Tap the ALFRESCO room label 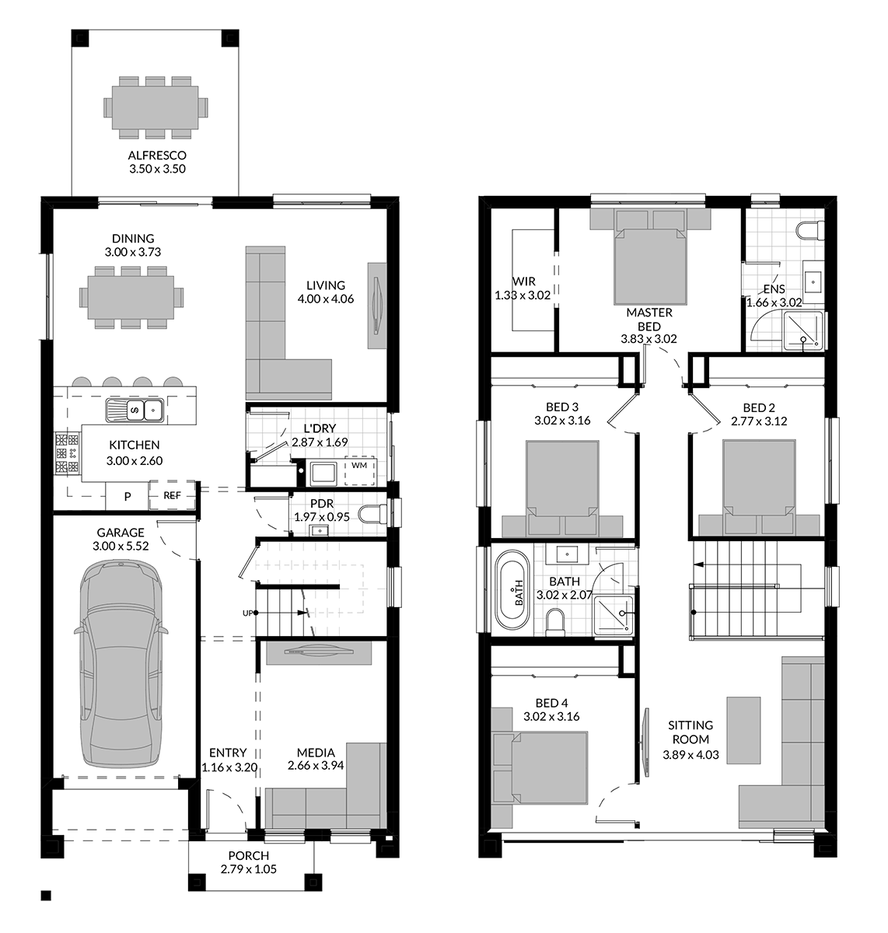(x=157, y=155)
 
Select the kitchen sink (x=135, y=411)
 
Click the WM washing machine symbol (x=359, y=470)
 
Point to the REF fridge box (x=172, y=495)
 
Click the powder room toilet (x=373, y=515)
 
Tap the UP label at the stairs (x=247, y=613)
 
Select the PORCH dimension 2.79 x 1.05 (x=248, y=869)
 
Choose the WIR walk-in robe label (x=524, y=281)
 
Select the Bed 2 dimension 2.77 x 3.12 (x=759, y=421)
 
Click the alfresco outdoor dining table (x=156, y=108)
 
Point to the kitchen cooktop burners (x=67, y=453)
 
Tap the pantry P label (x=128, y=497)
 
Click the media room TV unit (x=319, y=652)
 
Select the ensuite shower (x=803, y=330)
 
